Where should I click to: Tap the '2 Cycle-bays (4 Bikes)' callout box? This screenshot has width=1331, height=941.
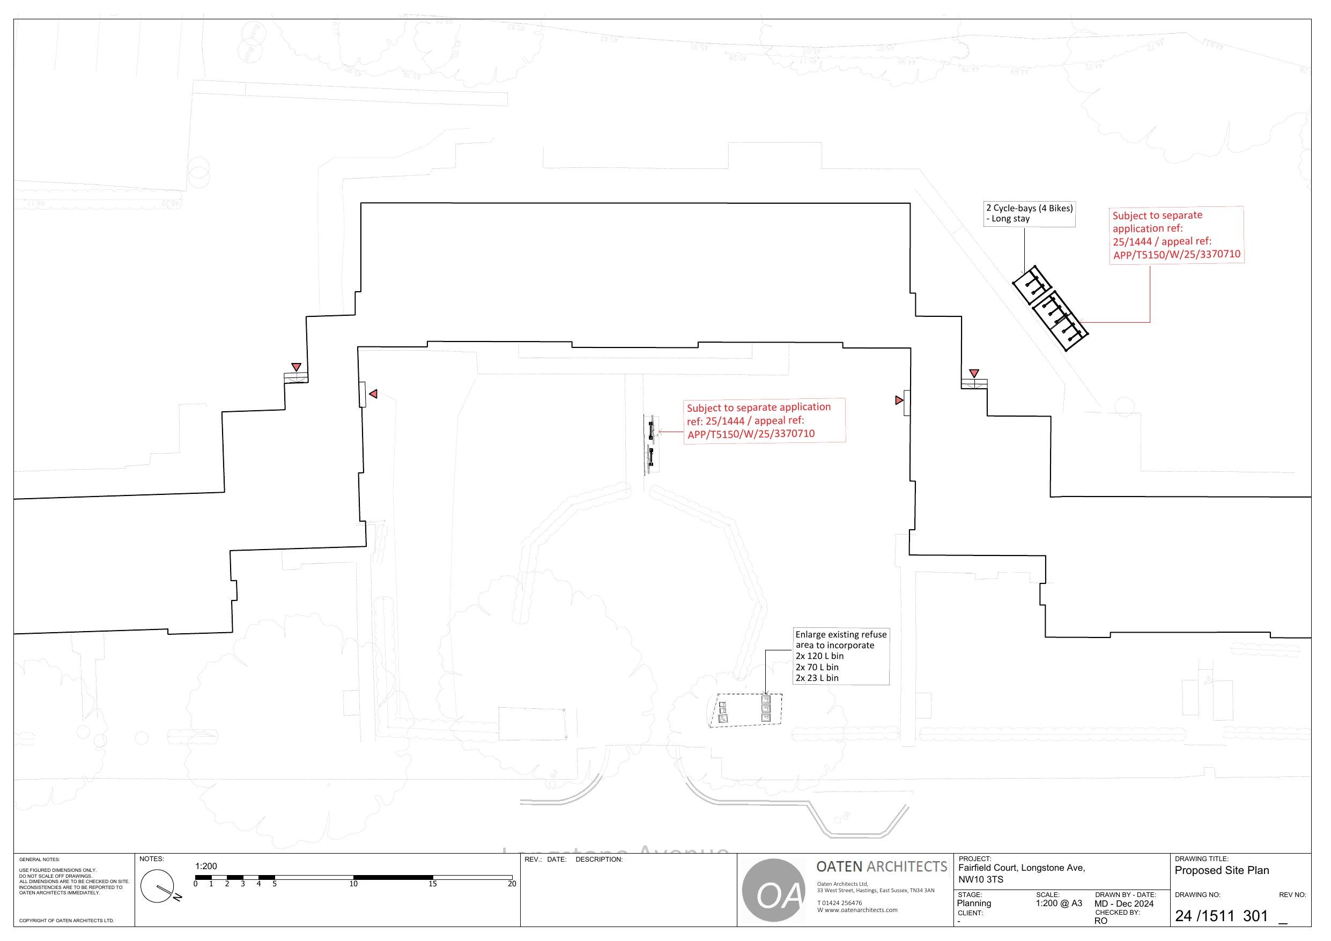(1029, 213)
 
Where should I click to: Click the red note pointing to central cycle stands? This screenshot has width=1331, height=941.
(764, 420)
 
